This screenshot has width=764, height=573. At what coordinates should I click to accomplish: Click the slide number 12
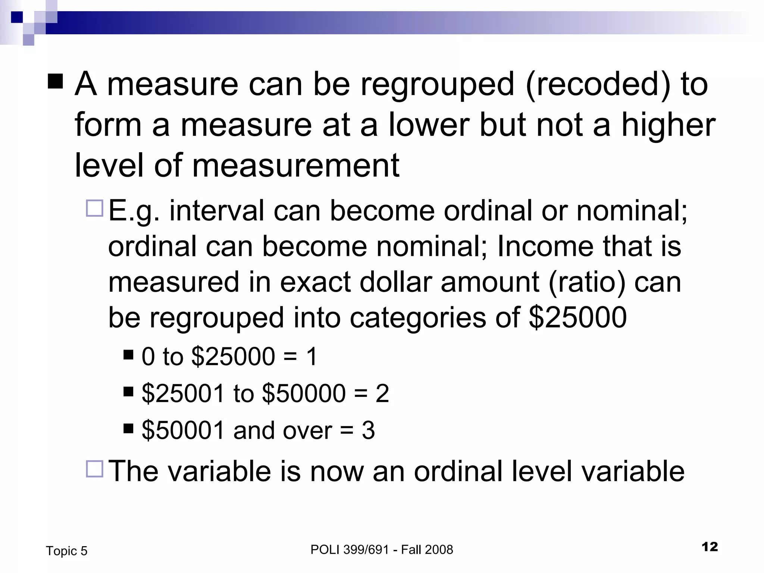(710, 547)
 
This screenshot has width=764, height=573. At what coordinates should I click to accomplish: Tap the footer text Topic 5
(66, 551)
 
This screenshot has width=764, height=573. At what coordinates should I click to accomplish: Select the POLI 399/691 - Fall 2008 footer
(382, 549)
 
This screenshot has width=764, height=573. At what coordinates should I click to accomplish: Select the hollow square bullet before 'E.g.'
(94, 208)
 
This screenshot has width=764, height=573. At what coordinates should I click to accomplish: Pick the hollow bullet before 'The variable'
(94, 469)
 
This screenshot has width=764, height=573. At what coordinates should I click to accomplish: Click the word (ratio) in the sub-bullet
(587, 282)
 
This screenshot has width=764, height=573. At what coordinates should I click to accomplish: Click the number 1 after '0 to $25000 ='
(311, 357)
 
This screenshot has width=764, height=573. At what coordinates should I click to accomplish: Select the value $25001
(183, 394)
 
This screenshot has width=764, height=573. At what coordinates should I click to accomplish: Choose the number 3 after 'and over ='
(368, 430)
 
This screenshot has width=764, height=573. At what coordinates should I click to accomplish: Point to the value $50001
(183, 430)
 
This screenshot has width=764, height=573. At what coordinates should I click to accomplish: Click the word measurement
(295, 166)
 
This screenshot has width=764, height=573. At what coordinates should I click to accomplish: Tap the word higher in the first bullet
(668, 125)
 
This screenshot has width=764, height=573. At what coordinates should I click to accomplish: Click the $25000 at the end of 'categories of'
(577, 318)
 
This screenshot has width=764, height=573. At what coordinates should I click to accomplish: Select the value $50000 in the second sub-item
(304, 394)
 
